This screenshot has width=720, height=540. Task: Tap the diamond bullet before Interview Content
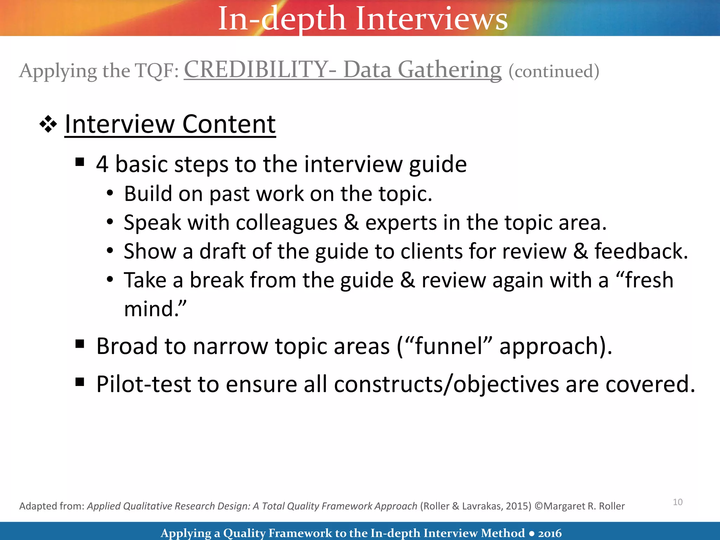48,125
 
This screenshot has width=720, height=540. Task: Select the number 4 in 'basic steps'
102,164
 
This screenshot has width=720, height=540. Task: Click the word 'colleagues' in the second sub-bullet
287,223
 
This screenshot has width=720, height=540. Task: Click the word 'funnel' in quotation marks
449,346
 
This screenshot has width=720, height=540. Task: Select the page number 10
677,502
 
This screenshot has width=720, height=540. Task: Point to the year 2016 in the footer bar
550,533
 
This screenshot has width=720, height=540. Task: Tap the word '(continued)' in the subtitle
554,71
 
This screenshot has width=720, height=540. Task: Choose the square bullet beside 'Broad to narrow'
80,344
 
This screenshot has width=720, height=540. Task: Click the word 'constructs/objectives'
446,384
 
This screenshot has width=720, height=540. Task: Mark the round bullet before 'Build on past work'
110,193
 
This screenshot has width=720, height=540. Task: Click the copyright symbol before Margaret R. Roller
539,506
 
